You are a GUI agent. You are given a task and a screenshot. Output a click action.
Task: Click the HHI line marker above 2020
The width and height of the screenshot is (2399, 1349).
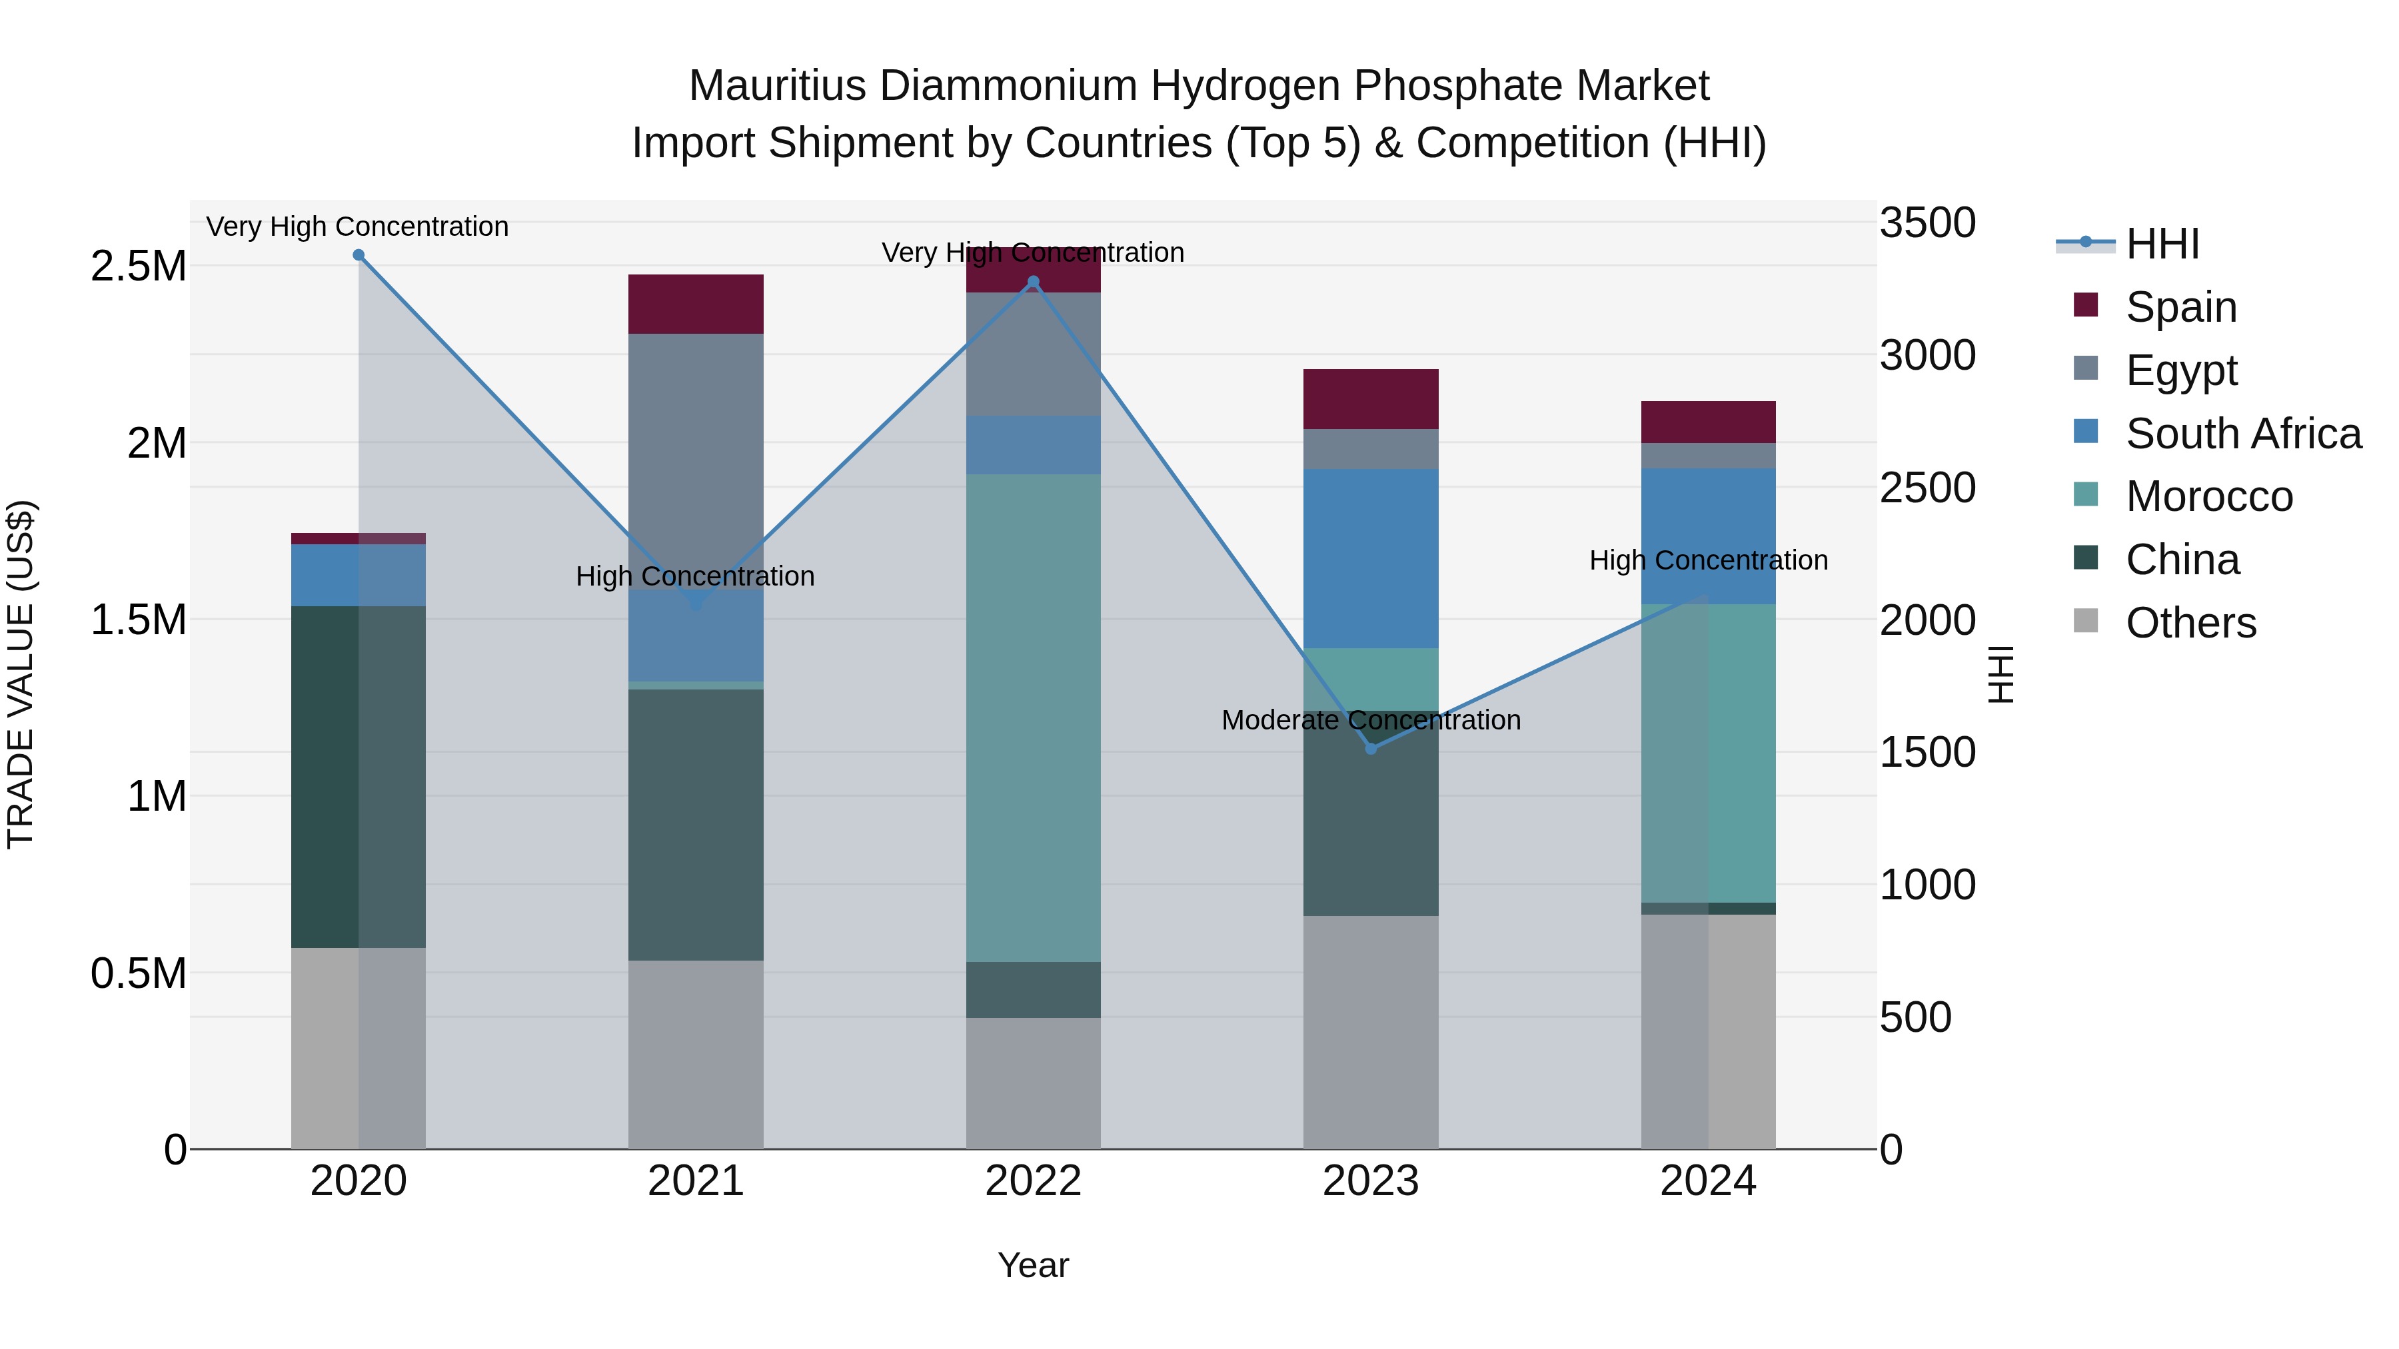click(x=359, y=255)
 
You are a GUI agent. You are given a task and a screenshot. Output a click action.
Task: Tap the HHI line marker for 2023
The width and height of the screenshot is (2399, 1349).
click(x=1371, y=749)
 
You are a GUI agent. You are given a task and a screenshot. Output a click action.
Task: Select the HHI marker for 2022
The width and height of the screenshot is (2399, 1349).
click(x=1033, y=282)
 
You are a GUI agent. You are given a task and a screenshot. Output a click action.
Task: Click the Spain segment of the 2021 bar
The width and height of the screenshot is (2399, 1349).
click(x=696, y=304)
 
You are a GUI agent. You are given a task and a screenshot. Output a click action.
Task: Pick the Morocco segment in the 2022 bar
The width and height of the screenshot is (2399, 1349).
click(x=1033, y=717)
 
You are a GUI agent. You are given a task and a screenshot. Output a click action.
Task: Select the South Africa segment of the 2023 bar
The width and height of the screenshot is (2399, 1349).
click(x=1371, y=559)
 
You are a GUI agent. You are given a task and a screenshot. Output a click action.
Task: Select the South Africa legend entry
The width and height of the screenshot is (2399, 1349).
click(x=2242, y=434)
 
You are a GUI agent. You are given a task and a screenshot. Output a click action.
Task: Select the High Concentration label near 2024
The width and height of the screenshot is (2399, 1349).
click(x=1708, y=560)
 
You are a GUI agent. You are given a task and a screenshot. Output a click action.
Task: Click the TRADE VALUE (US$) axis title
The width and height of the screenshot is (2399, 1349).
click(x=21, y=674)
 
